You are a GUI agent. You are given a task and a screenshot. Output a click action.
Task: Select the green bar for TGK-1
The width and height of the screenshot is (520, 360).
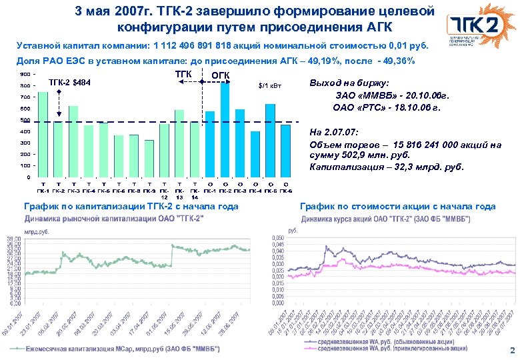click(x=43, y=133)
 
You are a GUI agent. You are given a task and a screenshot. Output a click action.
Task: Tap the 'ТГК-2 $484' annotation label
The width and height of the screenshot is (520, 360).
click(x=71, y=83)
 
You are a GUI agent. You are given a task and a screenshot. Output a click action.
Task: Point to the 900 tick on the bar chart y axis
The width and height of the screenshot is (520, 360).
click(x=24, y=74)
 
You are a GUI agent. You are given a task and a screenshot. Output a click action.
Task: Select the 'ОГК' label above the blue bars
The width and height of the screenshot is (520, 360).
click(x=220, y=75)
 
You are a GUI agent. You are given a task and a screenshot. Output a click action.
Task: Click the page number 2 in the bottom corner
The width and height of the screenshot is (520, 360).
click(x=511, y=350)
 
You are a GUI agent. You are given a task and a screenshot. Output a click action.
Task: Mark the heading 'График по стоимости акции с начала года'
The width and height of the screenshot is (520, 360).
click(x=398, y=207)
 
